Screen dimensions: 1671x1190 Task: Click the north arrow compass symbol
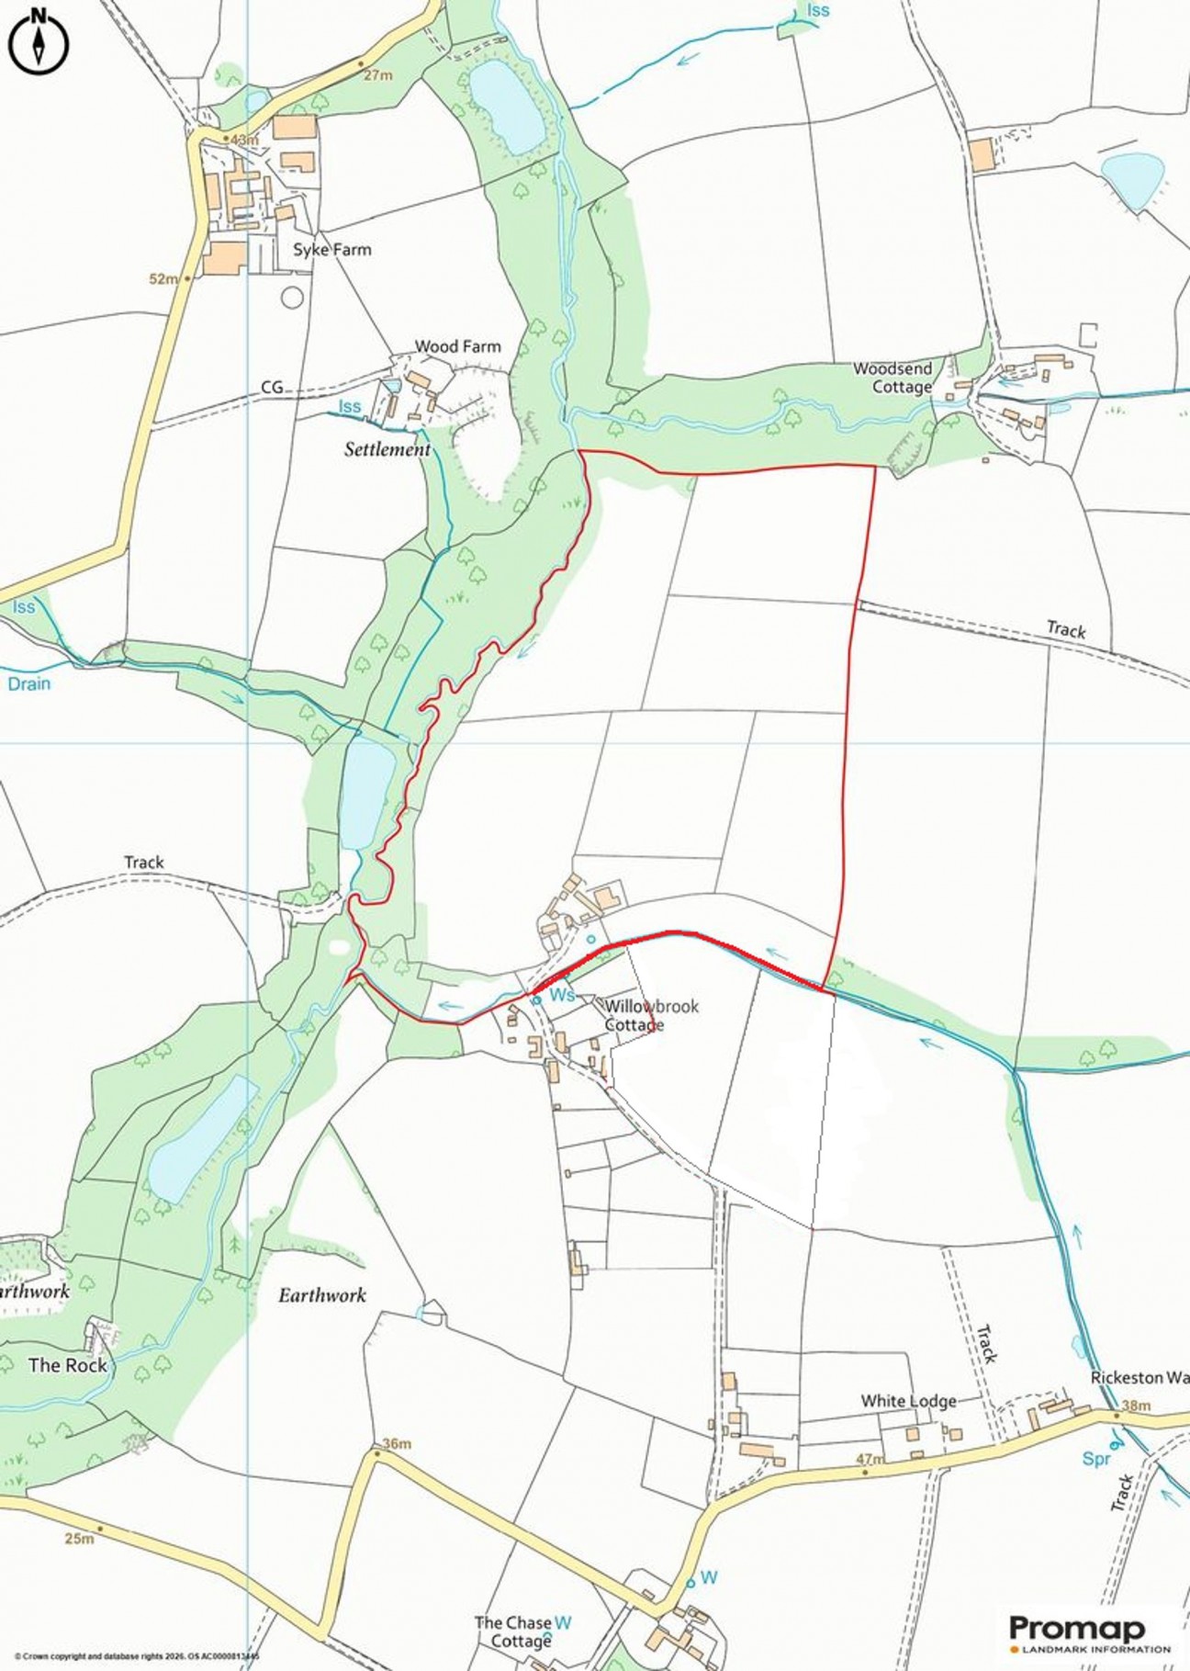[x=39, y=39]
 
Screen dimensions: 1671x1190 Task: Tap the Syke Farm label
[x=331, y=250]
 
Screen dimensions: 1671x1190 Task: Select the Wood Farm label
[x=457, y=346]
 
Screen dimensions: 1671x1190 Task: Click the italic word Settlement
[x=387, y=449]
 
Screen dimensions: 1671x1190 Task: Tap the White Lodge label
[x=908, y=1401]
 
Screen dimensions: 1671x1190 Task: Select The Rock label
[x=67, y=1365]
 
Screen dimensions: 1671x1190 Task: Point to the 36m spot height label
[x=397, y=1443]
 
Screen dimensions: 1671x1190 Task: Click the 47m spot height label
[x=870, y=1459]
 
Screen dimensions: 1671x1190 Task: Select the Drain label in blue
[x=29, y=683]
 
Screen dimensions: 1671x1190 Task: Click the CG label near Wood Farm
[x=272, y=388]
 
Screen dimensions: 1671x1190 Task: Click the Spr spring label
[x=1096, y=1459]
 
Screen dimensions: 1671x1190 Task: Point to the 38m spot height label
[x=1136, y=1406]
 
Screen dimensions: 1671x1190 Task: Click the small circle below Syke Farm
[x=292, y=297]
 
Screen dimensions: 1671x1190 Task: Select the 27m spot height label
[x=377, y=75]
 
